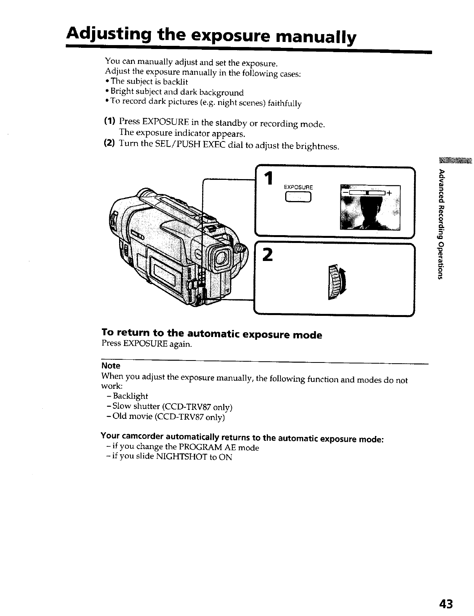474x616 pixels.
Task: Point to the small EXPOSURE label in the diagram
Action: (298, 187)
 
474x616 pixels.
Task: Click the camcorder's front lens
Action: (222, 257)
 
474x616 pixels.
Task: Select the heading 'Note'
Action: (111, 366)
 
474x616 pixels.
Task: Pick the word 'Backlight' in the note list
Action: (130, 396)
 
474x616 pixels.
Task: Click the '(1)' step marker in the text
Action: (110, 121)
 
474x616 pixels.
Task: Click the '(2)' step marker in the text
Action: (109, 143)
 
